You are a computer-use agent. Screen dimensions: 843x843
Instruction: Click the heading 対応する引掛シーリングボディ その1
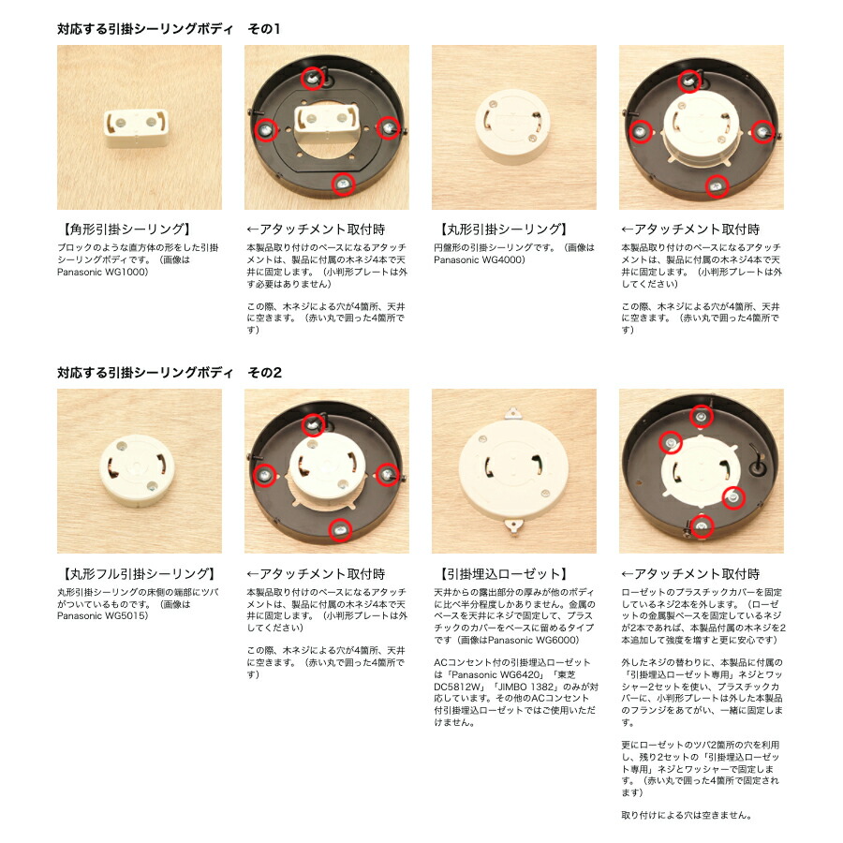point(169,28)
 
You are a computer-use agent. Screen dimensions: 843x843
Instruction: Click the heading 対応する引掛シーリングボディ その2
point(170,373)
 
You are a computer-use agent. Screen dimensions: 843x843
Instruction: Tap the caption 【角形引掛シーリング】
point(125,229)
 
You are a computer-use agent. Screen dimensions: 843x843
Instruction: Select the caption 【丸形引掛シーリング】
point(500,229)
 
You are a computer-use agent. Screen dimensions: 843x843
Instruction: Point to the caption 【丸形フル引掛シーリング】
point(137,574)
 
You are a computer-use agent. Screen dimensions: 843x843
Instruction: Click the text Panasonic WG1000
point(101,272)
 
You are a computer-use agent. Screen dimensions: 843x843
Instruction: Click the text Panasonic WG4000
point(478,259)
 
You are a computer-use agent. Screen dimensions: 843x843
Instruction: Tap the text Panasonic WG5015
point(101,616)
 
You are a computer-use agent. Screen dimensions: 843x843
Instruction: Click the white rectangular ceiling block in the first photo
point(136,128)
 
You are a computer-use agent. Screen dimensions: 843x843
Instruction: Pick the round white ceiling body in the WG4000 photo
point(512,126)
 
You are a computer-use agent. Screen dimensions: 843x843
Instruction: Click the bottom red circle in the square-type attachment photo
point(344,184)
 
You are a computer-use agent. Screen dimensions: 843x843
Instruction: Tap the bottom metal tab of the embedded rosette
point(513,526)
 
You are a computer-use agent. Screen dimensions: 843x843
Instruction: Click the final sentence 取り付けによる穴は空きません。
point(686,816)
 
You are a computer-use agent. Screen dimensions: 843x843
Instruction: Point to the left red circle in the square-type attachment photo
point(266,129)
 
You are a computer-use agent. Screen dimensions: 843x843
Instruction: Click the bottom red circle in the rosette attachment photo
point(701,525)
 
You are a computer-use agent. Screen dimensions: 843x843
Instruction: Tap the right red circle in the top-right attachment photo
point(762,131)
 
